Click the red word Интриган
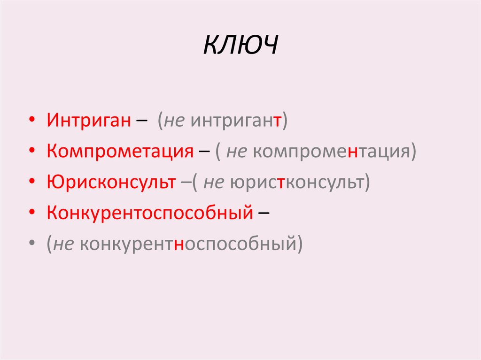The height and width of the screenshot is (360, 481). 88,121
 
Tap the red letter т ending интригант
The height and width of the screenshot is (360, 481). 278,122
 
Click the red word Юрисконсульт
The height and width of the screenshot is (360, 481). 111,183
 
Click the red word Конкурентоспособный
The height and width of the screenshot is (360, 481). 150,214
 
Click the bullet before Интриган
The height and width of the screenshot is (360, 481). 31,122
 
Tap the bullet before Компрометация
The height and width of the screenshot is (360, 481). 31,153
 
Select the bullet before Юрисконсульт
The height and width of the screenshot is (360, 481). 31,183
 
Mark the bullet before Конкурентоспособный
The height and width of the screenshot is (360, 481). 31,214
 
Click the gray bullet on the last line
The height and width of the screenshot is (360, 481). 31,245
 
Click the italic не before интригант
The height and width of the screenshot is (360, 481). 174,122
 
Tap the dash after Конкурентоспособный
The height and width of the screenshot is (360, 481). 264,214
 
